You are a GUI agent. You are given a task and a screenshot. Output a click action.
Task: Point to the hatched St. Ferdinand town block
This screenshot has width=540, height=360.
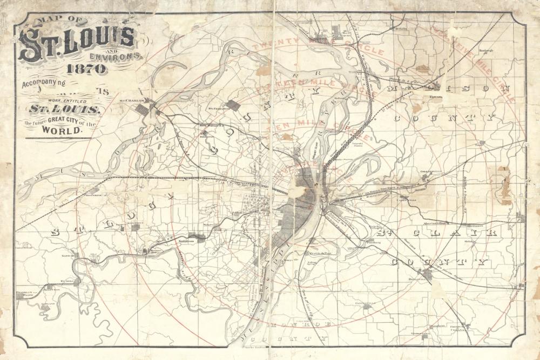[233, 106]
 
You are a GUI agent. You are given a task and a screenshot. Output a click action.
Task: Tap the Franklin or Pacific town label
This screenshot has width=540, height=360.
[26, 293]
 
